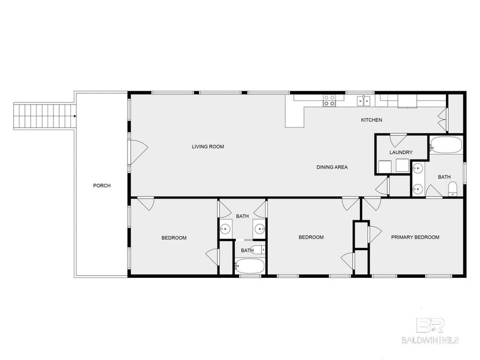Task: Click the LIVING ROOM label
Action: pos(207,146)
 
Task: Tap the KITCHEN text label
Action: pos(371,120)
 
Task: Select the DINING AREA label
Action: pos(332,167)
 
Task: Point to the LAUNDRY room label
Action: pos(401,153)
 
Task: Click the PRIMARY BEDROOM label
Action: pos(415,237)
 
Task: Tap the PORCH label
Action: pos(101,186)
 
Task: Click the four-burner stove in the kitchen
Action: pos(330,100)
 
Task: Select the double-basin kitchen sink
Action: pos(364,100)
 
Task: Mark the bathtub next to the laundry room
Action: pos(446,145)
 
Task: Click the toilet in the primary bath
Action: pos(452,188)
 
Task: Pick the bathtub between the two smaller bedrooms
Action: pos(249,266)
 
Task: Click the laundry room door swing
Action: pos(398,140)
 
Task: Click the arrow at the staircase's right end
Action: pos(75,115)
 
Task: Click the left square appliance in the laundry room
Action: pos(385,167)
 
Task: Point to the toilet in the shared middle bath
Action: pos(258,250)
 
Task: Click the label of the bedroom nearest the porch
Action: pos(174,238)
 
